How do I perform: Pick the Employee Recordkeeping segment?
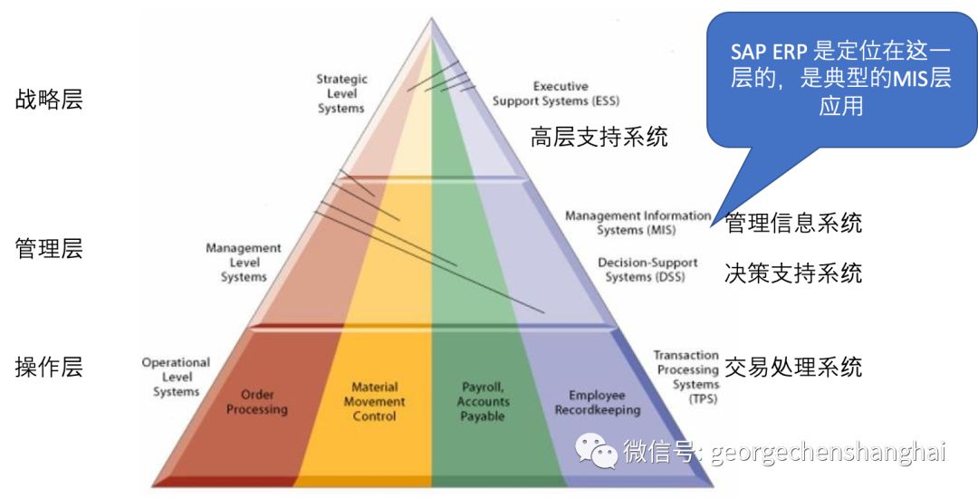(x=597, y=403)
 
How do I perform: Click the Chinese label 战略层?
(x=49, y=100)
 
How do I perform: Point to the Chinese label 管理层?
(x=49, y=249)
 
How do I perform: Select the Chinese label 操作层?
(x=49, y=367)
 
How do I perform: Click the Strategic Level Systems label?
(x=341, y=94)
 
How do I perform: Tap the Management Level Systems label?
(x=244, y=263)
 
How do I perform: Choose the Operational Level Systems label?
(x=176, y=378)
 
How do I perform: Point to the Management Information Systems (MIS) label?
(x=638, y=223)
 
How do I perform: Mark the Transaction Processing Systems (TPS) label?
(x=686, y=377)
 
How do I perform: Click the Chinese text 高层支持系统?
(x=599, y=138)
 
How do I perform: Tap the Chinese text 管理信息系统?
(x=794, y=223)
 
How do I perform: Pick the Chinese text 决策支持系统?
(x=794, y=273)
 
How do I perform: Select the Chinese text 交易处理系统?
(x=794, y=367)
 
